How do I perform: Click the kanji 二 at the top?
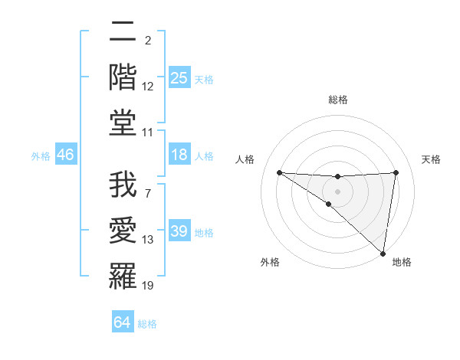(123, 32)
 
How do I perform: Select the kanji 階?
(123, 77)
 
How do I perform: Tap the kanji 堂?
(123, 122)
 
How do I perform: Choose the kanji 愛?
(123, 229)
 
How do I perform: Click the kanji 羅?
(123, 274)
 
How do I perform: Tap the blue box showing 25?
(179, 78)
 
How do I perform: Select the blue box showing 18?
(179, 155)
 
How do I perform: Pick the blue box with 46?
(65, 155)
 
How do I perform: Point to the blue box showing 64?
(123, 323)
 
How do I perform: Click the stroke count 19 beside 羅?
(148, 286)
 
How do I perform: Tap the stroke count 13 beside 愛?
(148, 241)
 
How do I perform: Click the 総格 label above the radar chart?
(338, 100)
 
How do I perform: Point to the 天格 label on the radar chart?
(432, 159)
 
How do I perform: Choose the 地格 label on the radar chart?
(402, 262)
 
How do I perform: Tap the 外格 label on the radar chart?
(270, 262)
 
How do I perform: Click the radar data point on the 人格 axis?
(279, 172)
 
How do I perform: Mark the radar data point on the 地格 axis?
(383, 253)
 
